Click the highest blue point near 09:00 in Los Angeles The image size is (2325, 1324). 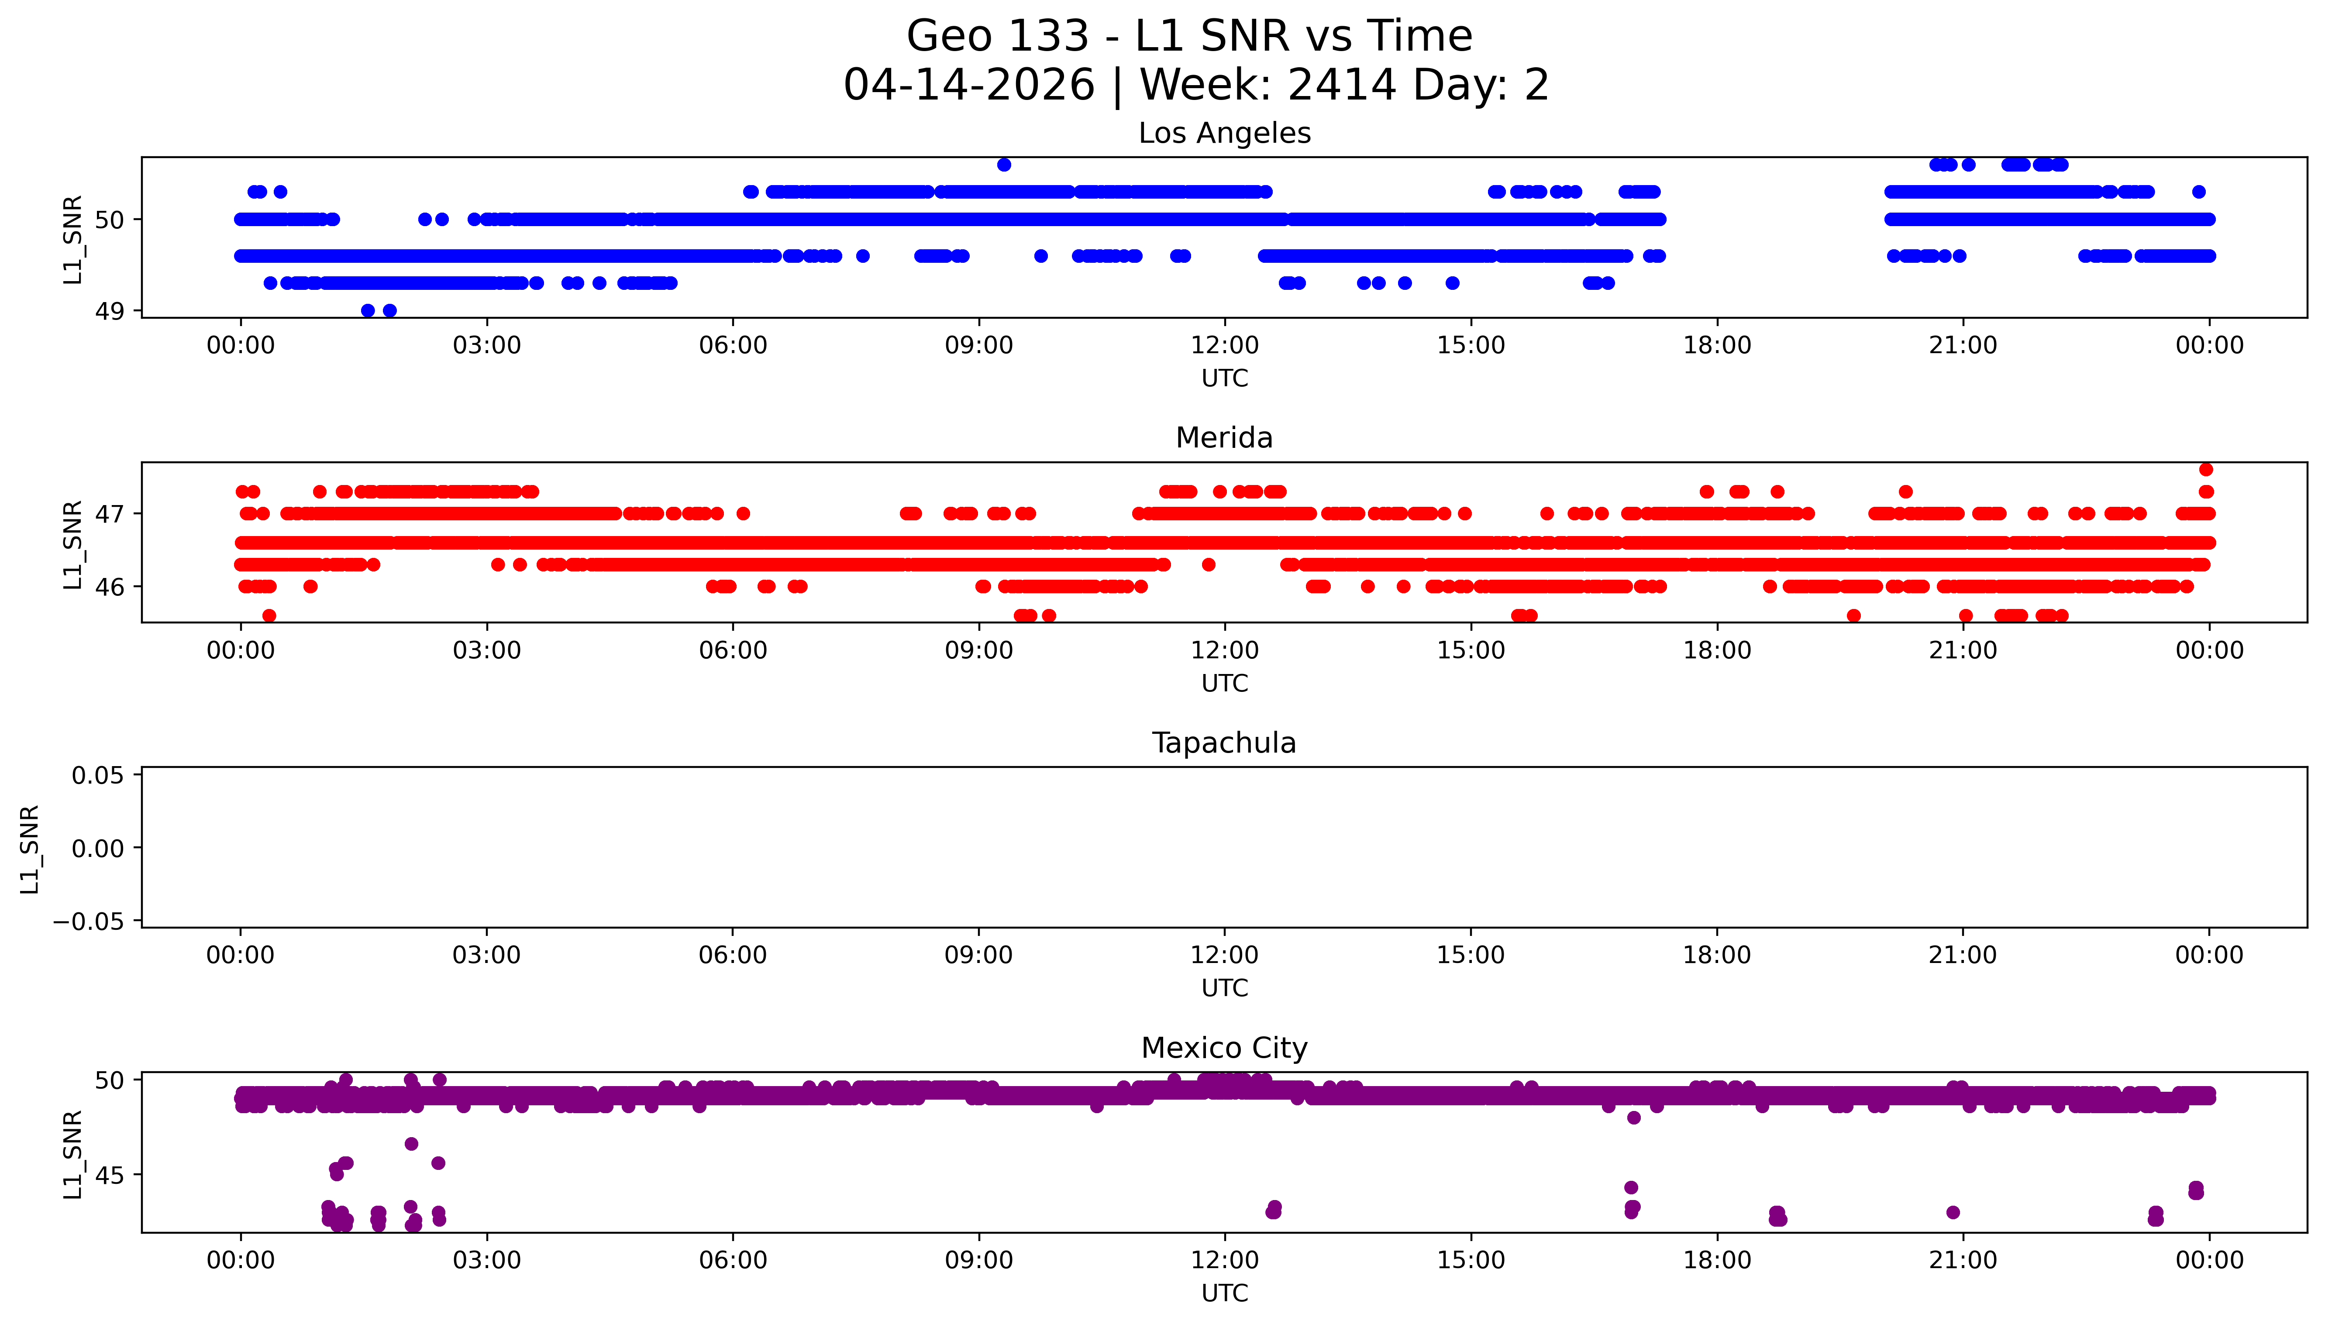click(x=1004, y=165)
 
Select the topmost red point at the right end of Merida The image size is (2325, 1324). click(x=2206, y=469)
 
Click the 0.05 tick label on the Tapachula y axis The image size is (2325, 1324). click(x=98, y=776)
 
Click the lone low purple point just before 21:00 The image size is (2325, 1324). click(x=1952, y=1212)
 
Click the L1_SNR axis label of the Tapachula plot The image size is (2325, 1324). click(x=30, y=849)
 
